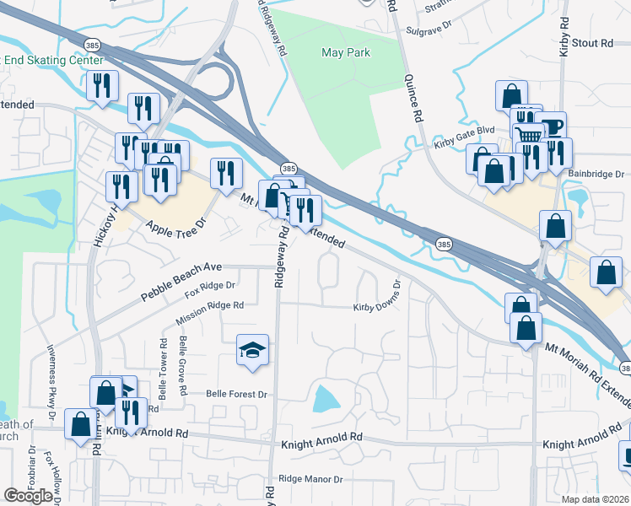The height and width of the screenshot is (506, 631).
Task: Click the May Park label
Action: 346,52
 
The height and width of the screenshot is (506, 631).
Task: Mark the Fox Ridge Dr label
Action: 209,291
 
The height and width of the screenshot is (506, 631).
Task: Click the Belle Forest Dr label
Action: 236,394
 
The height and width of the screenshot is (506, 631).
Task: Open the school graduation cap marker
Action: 252,350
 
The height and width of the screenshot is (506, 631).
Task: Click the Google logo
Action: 28,496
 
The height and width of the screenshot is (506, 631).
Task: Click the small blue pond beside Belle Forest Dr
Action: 326,398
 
